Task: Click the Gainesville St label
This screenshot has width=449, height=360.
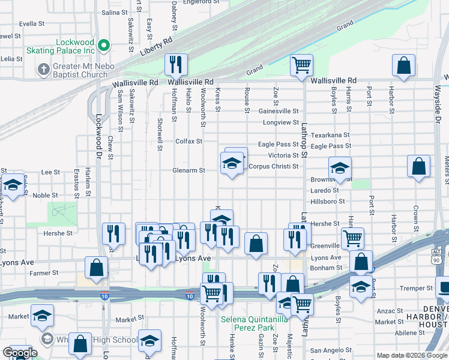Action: coord(279,111)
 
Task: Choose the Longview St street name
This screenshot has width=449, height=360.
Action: coord(280,123)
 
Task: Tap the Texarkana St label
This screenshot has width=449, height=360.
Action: coord(330,136)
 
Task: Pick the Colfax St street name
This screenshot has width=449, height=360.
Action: coord(188,142)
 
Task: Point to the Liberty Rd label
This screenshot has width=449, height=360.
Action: coord(156,48)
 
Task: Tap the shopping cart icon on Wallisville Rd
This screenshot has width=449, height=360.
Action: coord(301,65)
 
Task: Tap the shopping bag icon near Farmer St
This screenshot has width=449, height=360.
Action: coord(96,268)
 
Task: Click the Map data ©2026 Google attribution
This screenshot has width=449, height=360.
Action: coord(411,355)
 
